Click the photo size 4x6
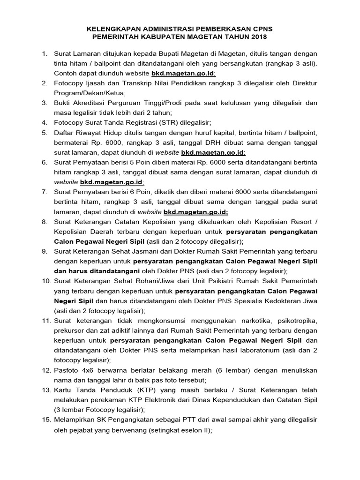[x=87, y=369]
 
